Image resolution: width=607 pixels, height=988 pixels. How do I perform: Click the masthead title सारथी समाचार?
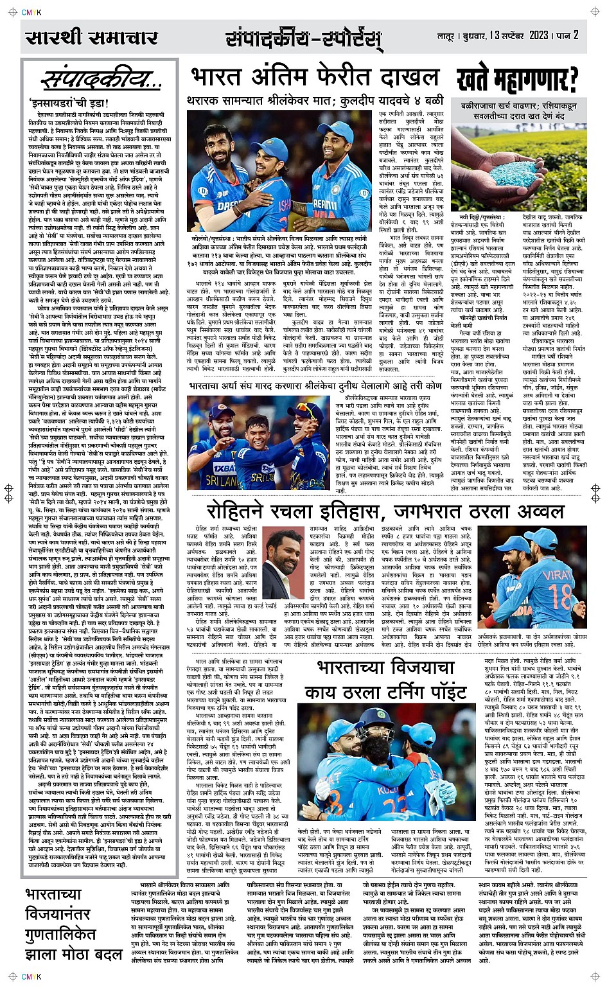(91, 38)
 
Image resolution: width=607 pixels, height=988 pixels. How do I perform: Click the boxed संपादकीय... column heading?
(101, 80)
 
